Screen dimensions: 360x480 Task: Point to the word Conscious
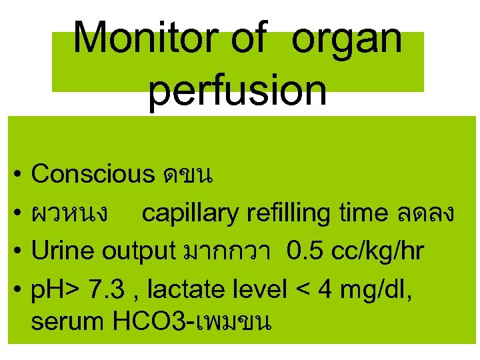(93, 174)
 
